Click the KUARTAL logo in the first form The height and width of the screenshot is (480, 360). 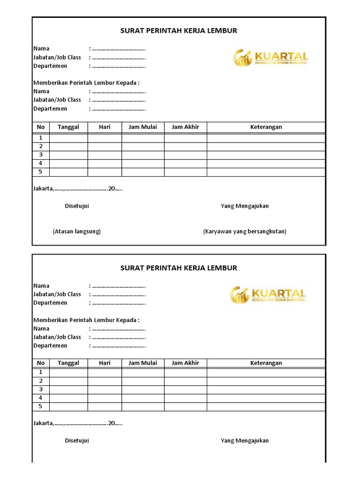271,58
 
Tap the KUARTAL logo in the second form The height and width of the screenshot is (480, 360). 268,295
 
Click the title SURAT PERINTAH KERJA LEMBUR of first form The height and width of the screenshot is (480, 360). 179,31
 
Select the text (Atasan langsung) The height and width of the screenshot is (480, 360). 77,232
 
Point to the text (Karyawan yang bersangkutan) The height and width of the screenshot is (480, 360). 244,232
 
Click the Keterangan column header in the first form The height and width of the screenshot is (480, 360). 266,127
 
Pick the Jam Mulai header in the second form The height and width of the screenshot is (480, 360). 143,363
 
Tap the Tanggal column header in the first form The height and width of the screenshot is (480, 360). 68,127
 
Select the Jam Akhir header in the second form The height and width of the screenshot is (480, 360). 185,363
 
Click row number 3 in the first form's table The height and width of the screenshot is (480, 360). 41,155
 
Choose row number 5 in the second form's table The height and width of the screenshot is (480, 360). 41,406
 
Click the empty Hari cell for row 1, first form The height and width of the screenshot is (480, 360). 105,138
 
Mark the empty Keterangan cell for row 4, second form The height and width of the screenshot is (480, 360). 266,398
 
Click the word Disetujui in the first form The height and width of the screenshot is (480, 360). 77,206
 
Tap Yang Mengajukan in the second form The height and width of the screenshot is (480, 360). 245,441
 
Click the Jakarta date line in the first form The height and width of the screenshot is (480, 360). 78,189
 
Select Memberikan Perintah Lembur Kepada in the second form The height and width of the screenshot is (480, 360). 86,320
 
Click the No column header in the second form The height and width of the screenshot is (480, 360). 41,363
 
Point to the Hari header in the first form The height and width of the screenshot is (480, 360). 105,127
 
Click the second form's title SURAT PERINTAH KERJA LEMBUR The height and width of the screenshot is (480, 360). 179,268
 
